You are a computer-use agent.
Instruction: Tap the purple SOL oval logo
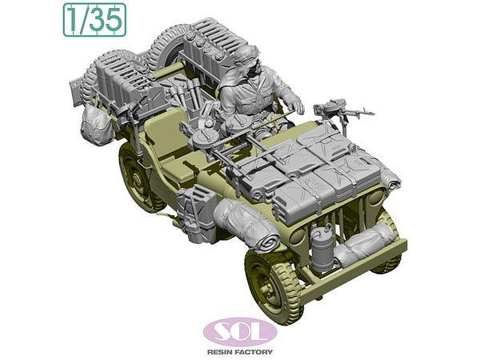240,332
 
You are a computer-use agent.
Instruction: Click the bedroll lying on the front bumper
363,242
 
